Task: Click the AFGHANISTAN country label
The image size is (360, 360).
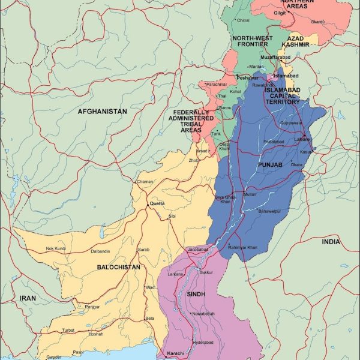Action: (102, 112)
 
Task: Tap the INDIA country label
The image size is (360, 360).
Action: (330, 241)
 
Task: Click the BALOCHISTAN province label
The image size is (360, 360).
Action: (120, 267)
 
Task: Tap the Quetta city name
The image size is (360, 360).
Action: (157, 203)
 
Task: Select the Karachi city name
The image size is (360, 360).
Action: (175, 353)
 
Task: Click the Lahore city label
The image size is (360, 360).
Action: (302, 139)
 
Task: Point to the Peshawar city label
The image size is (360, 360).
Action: (247, 78)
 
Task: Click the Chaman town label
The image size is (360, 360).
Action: (145, 181)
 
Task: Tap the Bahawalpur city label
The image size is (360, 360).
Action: (269, 211)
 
